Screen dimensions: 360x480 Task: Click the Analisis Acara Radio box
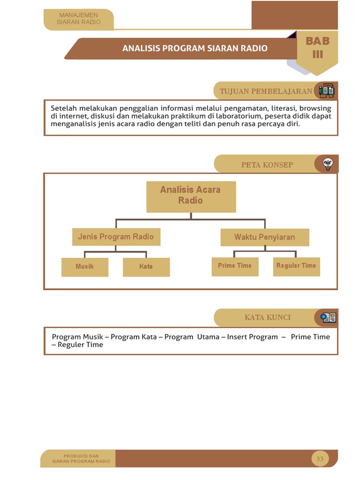pos(191,196)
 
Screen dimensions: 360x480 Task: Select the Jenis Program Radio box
pos(116,237)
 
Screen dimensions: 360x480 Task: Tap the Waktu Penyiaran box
pos(264,237)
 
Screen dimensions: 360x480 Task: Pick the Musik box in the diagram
pos(85,267)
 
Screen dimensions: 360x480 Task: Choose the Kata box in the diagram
pos(146,267)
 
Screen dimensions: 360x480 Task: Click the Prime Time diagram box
pos(235,266)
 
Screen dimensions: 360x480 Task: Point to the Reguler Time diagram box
pos(296,266)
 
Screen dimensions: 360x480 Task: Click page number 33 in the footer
pos(320,459)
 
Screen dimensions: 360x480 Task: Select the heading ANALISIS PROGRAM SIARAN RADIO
pos(195,48)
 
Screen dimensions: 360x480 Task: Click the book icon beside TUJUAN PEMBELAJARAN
pos(326,90)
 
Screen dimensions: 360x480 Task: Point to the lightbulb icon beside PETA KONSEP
pos(328,164)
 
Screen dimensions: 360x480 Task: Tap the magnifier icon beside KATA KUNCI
pos(328,317)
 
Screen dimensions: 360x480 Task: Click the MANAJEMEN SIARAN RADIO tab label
pos(79,19)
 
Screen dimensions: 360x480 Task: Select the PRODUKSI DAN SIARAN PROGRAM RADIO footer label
pos(81,459)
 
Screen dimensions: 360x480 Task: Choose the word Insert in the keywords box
pos(238,337)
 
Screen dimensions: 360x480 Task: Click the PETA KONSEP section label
pos(267,165)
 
